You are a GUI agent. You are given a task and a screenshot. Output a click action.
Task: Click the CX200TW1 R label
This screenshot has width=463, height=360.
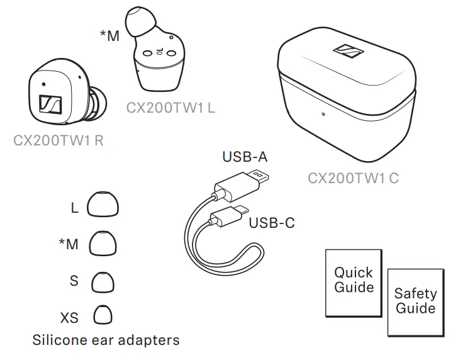(59, 140)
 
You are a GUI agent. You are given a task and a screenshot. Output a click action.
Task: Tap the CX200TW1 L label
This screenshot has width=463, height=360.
(170, 108)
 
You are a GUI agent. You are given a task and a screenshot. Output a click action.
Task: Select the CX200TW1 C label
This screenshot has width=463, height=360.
(353, 178)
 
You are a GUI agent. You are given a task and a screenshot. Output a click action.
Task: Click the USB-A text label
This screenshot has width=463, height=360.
(245, 157)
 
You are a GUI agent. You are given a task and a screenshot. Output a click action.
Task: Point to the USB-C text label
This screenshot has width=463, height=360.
(272, 222)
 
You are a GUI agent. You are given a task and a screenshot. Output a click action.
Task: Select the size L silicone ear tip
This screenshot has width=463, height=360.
(103, 205)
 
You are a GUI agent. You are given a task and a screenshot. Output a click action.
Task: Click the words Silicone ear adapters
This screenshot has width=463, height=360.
(106, 340)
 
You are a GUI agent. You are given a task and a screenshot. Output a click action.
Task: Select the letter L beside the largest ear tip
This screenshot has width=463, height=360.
(74, 208)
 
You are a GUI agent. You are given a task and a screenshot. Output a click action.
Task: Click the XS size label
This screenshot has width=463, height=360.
(69, 317)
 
